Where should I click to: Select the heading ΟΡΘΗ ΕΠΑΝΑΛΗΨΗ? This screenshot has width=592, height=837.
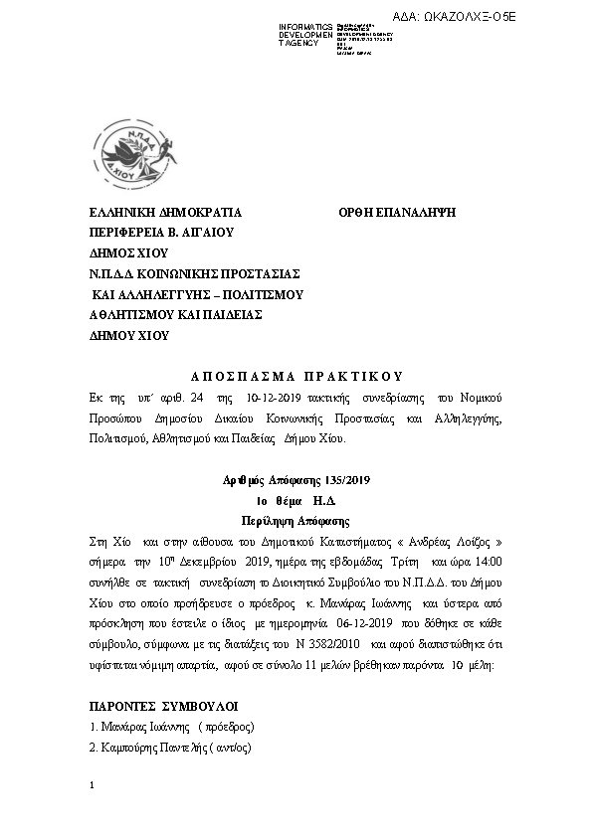(396, 213)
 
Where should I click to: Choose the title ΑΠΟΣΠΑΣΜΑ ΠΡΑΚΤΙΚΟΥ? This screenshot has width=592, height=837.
(296, 377)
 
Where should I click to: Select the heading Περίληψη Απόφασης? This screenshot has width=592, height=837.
(295, 520)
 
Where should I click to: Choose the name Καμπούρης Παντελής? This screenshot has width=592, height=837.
(151, 747)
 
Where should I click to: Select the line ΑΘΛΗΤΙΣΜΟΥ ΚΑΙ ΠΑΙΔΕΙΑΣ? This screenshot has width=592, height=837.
(175, 314)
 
